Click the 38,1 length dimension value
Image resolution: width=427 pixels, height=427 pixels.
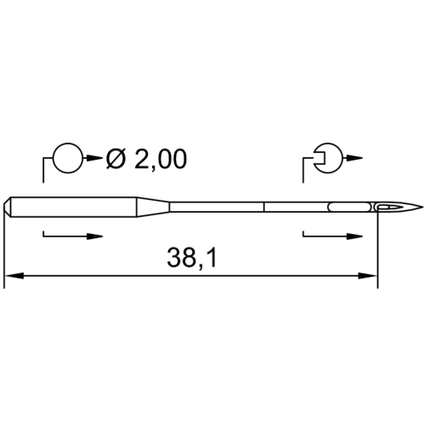[x=192, y=258]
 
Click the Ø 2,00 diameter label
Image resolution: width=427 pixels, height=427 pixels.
[x=146, y=159]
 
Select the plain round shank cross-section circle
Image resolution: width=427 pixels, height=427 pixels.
[x=68, y=157]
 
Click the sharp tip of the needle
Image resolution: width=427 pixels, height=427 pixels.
[x=424, y=207]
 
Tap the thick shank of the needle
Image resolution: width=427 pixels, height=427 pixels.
[x=73, y=207]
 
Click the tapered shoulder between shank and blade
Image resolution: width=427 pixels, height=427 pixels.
[x=154, y=207]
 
